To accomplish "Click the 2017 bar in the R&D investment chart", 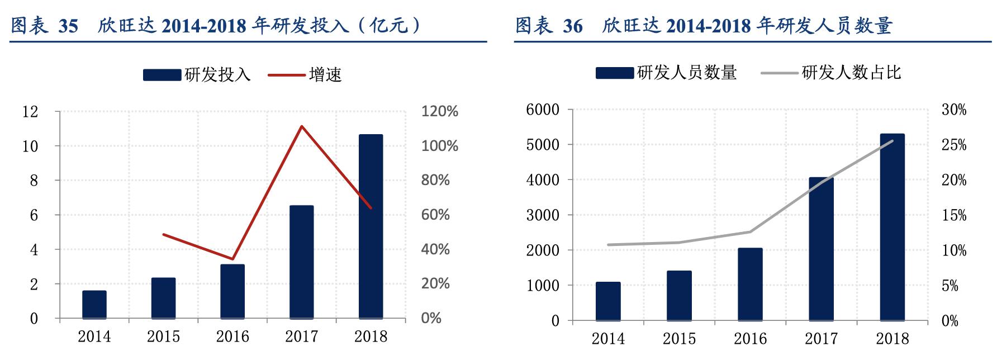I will [x=302, y=262].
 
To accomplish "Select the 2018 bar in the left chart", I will [x=371, y=226].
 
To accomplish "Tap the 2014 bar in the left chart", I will [x=94, y=304].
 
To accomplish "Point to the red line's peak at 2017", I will [x=302, y=126].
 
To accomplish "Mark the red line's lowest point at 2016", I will [x=232, y=259].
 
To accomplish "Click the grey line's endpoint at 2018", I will [x=892, y=141].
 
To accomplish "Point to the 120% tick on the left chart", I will [x=439, y=111].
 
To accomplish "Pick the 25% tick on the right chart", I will [x=954, y=145].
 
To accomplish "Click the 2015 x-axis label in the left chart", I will [x=163, y=337].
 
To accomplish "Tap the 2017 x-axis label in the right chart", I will [x=821, y=338].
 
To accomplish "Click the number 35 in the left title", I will [x=68, y=26].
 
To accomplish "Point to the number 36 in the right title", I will [x=573, y=26].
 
